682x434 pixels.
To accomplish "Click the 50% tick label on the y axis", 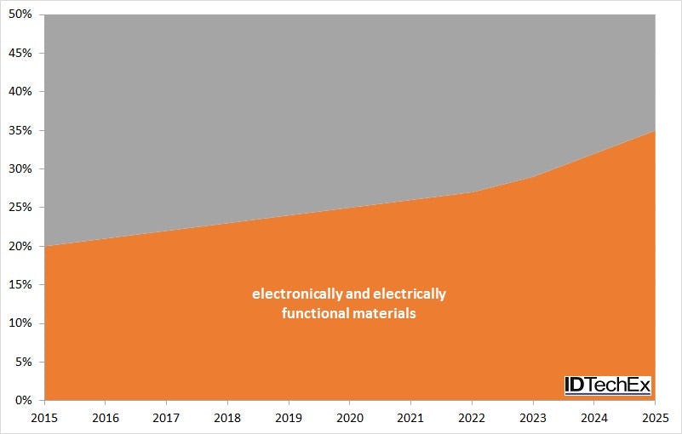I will pos(21,14).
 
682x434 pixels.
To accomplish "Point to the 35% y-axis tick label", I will pos(21,130).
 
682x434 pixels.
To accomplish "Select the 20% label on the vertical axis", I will pos(21,246).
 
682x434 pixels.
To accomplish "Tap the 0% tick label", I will pos(25,400).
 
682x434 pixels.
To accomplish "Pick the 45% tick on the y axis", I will pos(21,53).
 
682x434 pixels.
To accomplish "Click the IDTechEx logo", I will pos(608,385).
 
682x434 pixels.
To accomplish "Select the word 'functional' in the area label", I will pos(314,313).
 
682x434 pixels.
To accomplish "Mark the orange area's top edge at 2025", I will pos(653,131).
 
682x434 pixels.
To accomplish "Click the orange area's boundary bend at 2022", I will pos(471,192).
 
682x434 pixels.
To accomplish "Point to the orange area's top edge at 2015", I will pos(45,246).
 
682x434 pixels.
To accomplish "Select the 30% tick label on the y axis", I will pos(21,168).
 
